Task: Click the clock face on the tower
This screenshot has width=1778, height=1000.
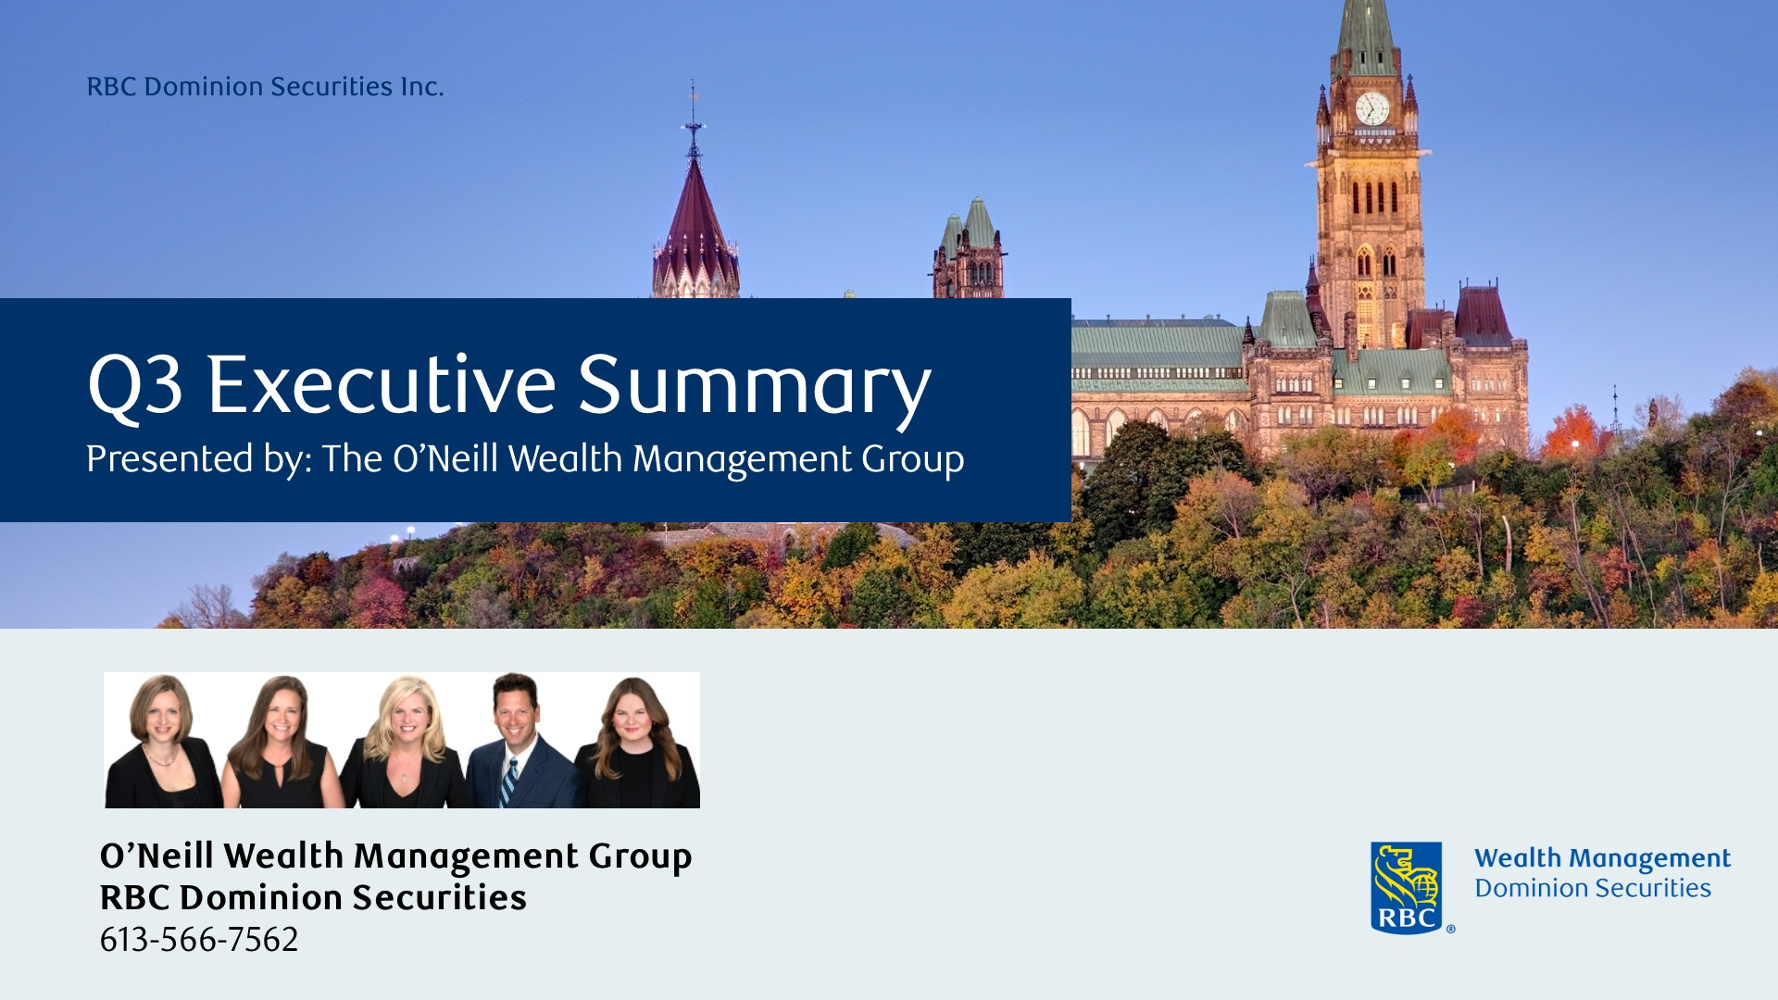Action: [x=1371, y=108]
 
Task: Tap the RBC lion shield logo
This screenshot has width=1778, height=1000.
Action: [x=1406, y=887]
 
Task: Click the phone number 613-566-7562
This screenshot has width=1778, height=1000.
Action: [x=199, y=939]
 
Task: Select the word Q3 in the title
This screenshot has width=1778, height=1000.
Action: [x=135, y=384]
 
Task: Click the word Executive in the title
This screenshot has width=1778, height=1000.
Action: [x=382, y=384]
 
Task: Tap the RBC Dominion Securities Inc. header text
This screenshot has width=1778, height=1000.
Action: [x=265, y=86]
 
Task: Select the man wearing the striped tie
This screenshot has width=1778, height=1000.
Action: [x=520, y=741]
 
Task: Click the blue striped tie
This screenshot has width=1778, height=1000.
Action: [x=508, y=782]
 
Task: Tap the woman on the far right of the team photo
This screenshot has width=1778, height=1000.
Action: [x=637, y=743]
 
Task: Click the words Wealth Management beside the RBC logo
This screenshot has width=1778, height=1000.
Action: [x=1602, y=859]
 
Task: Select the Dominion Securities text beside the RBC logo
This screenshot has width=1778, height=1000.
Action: [x=1593, y=888]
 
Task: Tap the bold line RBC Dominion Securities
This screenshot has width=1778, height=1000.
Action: [x=313, y=897]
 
